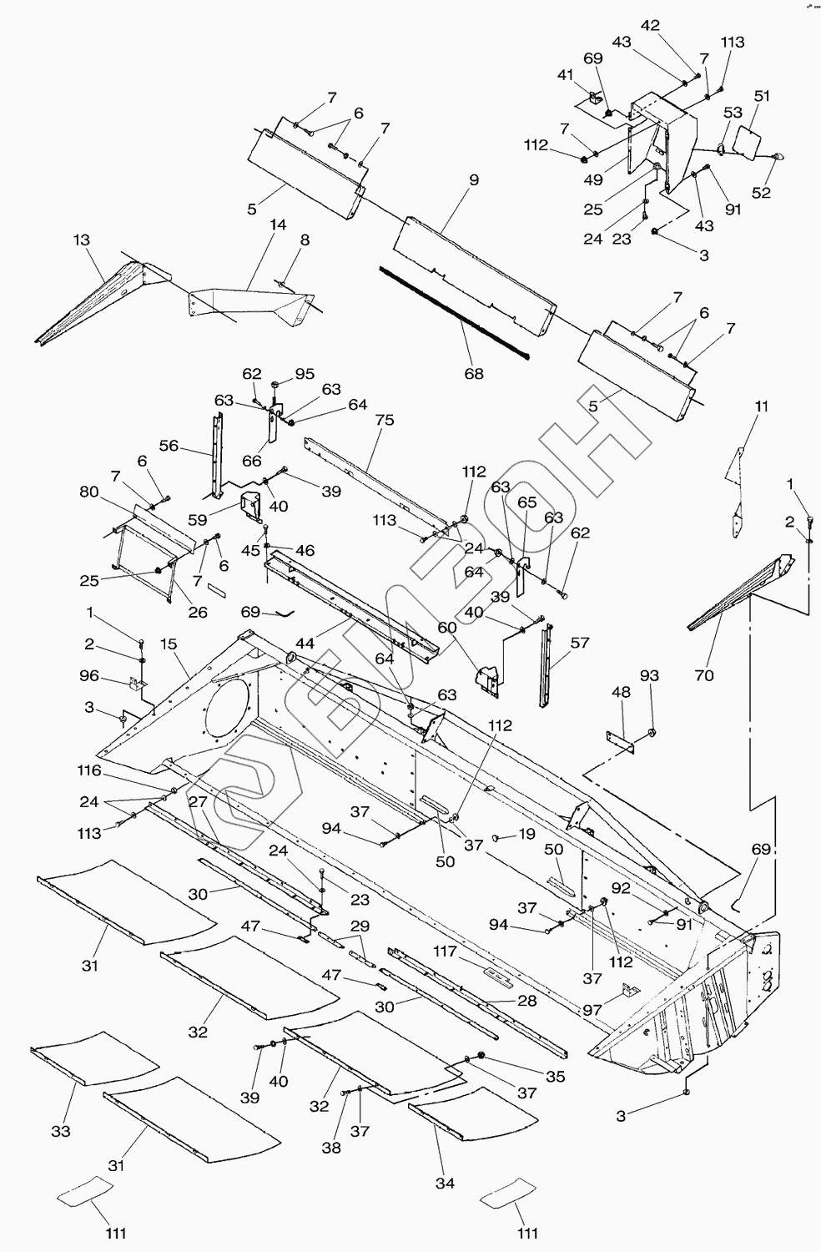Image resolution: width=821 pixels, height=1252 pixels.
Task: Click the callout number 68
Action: (473, 373)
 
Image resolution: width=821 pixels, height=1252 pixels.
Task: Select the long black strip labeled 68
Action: (455, 314)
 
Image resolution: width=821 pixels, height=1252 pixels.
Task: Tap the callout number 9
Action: (474, 180)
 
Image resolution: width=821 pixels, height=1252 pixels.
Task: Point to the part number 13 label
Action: (82, 240)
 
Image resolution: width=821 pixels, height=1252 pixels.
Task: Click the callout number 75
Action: (385, 420)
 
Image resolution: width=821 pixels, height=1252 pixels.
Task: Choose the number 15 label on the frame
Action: (168, 644)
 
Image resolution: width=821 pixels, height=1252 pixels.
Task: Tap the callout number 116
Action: (89, 770)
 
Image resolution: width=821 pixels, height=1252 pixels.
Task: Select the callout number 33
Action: (61, 1131)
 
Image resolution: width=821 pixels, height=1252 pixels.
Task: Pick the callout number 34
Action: (446, 1184)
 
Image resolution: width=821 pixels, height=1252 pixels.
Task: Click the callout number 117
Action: (446, 951)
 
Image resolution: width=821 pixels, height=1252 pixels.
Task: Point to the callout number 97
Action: (592, 1010)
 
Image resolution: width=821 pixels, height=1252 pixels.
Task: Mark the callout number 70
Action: (705, 676)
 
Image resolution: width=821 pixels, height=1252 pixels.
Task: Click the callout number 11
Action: (762, 407)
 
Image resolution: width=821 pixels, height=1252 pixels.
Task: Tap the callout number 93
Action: (649, 676)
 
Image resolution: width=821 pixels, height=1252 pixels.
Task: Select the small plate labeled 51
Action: (746, 139)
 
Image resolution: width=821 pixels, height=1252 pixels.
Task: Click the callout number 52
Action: (761, 192)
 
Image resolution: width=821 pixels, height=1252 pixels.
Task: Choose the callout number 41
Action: (566, 74)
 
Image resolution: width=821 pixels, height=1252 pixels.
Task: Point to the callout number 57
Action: (580, 643)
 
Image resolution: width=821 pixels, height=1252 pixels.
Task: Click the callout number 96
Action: (89, 676)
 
